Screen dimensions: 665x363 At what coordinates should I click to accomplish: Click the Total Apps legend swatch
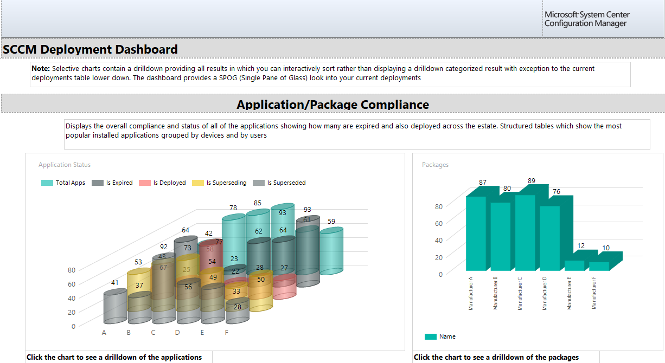(x=47, y=183)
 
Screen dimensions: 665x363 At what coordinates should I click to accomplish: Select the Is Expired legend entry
(x=112, y=183)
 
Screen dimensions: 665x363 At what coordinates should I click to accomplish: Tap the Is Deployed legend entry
(x=162, y=183)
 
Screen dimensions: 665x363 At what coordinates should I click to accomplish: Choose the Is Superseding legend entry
(x=219, y=183)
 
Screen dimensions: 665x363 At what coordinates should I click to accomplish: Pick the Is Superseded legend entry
(x=279, y=183)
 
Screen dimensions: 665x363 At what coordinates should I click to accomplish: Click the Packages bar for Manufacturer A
(x=476, y=234)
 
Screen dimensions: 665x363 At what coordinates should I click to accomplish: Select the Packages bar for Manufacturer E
(x=574, y=265)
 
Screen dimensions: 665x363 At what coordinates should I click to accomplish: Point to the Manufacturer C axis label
(x=520, y=294)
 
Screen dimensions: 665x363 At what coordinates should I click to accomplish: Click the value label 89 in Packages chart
(x=532, y=180)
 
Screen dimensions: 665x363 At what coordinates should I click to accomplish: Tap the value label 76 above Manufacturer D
(x=557, y=192)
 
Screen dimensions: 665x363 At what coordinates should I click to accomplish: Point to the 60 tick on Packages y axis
(x=439, y=223)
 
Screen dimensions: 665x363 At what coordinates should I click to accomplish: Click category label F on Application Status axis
(x=227, y=333)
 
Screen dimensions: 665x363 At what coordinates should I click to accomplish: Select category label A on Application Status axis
(x=104, y=333)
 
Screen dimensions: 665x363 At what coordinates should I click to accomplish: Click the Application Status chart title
(x=65, y=165)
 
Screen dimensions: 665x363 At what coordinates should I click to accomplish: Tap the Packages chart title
(x=435, y=165)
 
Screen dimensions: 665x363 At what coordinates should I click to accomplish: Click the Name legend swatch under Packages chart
(x=431, y=336)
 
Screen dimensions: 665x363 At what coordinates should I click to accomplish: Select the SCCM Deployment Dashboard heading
(x=90, y=49)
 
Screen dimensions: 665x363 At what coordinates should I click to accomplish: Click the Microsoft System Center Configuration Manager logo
(x=587, y=19)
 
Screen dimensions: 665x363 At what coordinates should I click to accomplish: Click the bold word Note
(x=41, y=68)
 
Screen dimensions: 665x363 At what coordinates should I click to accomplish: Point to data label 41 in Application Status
(x=114, y=283)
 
